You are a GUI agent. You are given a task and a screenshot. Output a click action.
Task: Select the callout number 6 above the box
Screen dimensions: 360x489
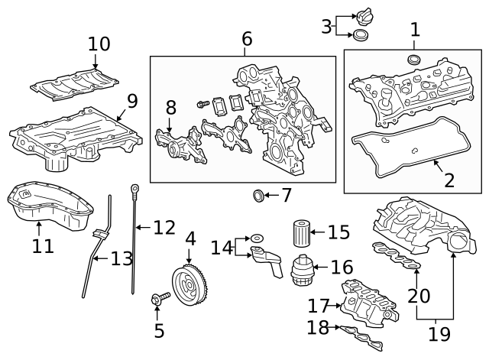[x=246, y=38]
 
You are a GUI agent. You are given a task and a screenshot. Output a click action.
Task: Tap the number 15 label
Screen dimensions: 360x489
[x=338, y=230]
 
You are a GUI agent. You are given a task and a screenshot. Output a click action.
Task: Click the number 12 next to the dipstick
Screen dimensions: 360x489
[x=164, y=227]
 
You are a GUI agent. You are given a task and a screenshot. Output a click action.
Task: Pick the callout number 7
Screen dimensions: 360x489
[x=287, y=196]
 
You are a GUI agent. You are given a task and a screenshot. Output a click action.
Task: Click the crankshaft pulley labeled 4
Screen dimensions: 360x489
[x=189, y=284]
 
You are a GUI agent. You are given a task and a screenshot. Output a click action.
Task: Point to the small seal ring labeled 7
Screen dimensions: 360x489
[x=259, y=196]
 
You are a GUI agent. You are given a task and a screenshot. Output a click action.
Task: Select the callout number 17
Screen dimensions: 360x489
[x=318, y=306]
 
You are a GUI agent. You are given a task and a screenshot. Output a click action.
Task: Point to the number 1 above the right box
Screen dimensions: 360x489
[x=415, y=31]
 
